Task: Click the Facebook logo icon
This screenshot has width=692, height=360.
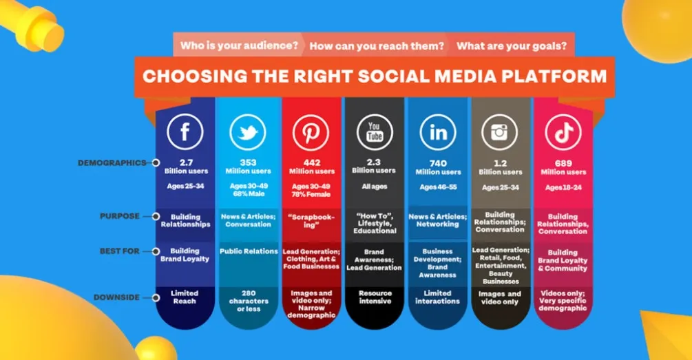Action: [x=184, y=131]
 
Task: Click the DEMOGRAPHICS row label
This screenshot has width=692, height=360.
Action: [x=112, y=163]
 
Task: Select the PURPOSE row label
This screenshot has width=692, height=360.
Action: [x=120, y=216]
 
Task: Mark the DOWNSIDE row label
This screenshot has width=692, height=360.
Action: [x=117, y=297]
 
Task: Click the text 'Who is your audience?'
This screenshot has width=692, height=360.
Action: [x=239, y=46]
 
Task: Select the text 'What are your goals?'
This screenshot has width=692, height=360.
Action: [x=512, y=46]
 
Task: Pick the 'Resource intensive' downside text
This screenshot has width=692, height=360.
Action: [x=375, y=297]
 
